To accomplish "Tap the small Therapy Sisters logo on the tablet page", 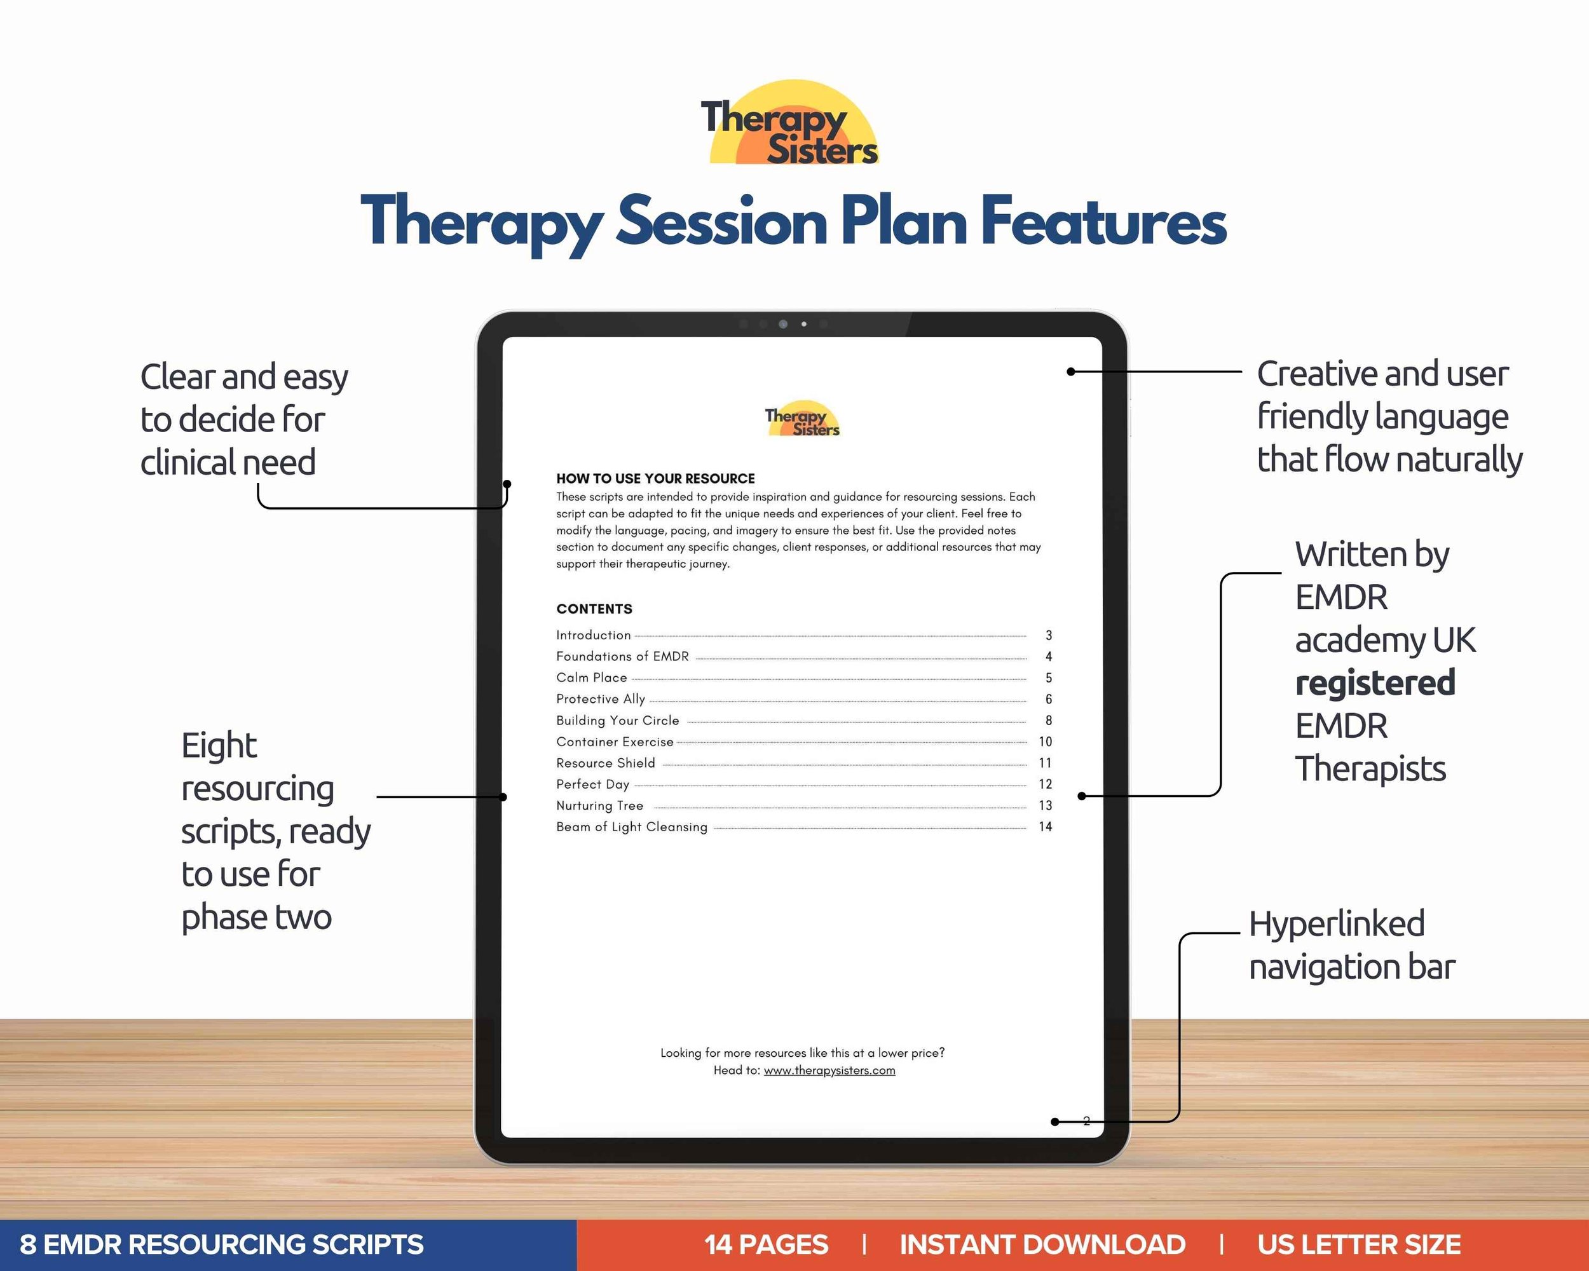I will [x=802, y=421].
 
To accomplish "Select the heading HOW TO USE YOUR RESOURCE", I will [x=655, y=478].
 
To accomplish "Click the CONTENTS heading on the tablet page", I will [x=594, y=609].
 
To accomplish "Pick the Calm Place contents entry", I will [x=591, y=677].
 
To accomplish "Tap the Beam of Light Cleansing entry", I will [x=632, y=827].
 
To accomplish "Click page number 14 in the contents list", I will [x=1044, y=827].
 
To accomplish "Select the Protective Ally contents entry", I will [x=600, y=698].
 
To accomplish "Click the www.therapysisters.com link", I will [x=829, y=1071].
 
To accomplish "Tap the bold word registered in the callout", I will [x=1375, y=683].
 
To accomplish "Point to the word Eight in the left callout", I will [x=219, y=745].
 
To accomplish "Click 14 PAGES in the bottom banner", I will [x=766, y=1244].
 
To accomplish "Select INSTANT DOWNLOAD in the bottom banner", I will [x=1042, y=1244].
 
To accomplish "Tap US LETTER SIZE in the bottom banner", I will [x=1358, y=1244].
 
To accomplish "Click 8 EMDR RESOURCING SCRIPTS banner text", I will [x=221, y=1244].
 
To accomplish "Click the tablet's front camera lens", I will [x=782, y=324].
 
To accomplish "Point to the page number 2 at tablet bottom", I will [x=1086, y=1120].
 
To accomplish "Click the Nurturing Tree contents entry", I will [x=599, y=805].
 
